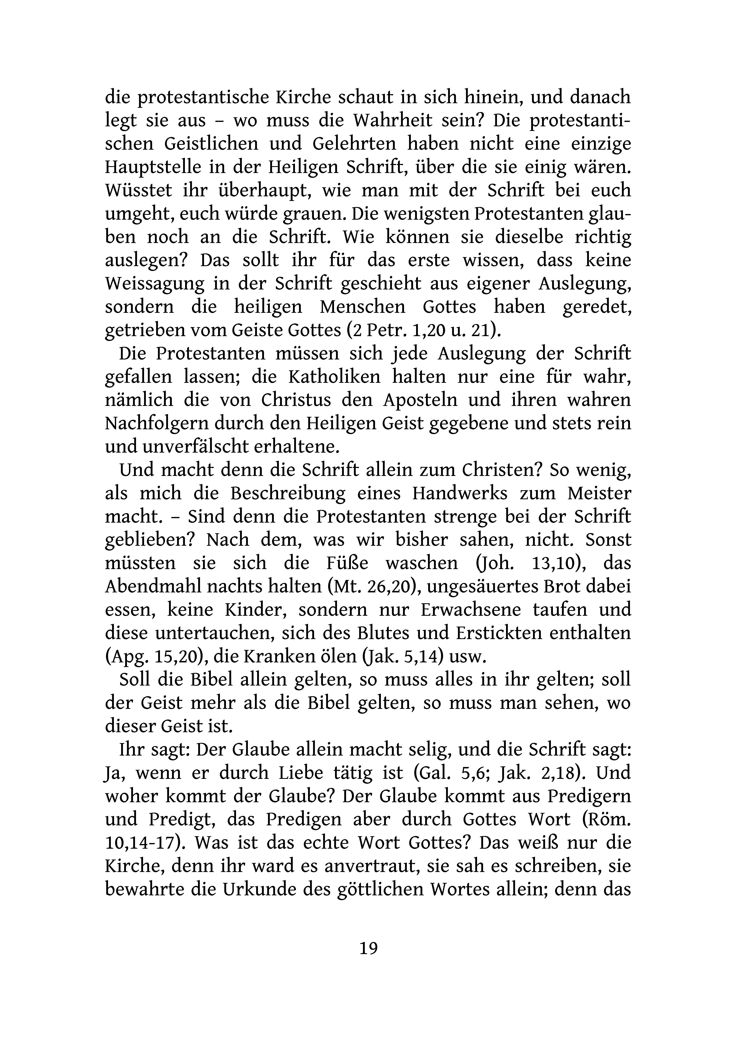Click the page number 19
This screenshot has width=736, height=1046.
tap(368, 948)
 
